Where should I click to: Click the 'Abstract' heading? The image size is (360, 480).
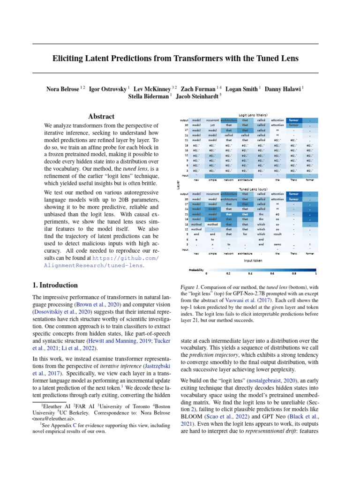point(101,116)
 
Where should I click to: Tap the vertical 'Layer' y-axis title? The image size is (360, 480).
point(178,186)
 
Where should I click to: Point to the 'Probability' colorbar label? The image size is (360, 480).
point(196,270)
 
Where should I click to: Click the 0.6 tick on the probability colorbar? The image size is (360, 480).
point(272,273)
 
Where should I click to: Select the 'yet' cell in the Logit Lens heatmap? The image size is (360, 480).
point(212,126)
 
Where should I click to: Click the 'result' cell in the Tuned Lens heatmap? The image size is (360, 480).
point(277,234)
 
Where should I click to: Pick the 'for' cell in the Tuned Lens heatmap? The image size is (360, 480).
point(245,234)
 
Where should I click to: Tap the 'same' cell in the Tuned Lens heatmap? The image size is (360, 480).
point(277,244)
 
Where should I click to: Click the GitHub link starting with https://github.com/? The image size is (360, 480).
point(126,258)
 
